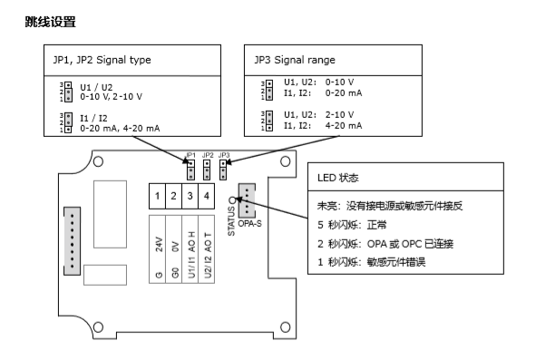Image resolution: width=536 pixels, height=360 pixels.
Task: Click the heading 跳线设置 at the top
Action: (x=51, y=20)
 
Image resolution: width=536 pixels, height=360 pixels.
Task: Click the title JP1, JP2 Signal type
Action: (x=102, y=61)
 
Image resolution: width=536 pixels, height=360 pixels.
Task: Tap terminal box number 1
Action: (x=159, y=196)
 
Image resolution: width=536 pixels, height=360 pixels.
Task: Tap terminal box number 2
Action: (x=175, y=196)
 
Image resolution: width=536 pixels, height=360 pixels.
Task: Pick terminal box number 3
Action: (x=191, y=196)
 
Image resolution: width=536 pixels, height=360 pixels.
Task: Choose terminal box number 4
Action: (x=208, y=196)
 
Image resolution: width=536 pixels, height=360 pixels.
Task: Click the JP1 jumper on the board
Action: (x=191, y=169)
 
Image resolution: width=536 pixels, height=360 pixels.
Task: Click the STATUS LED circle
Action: (x=233, y=201)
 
